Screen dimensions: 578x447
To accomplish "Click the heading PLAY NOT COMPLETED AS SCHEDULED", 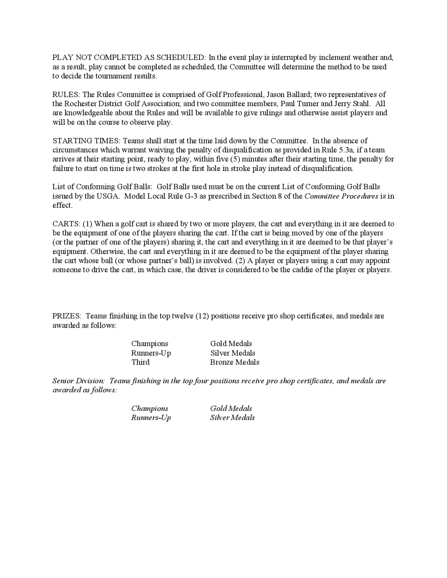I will click(x=129, y=57).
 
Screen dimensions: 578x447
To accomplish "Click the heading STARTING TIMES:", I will click(x=86, y=141).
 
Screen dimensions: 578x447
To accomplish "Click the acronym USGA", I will click(x=108, y=196).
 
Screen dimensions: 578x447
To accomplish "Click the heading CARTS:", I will click(x=66, y=224).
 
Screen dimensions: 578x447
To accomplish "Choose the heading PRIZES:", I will click(x=67, y=316).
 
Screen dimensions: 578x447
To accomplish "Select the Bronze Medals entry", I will click(x=235, y=362).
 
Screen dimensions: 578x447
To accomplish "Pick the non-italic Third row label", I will click(x=140, y=362).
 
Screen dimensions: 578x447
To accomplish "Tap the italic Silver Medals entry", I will click(x=232, y=418).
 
